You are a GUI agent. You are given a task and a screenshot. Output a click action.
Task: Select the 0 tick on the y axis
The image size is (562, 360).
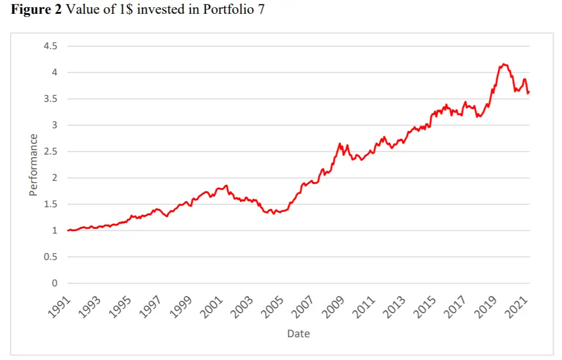[x=54, y=283]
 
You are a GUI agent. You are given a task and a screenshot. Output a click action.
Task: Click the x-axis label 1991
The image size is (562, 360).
[x=59, y=305]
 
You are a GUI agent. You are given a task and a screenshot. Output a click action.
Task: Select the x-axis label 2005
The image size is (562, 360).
[x=274, y=305]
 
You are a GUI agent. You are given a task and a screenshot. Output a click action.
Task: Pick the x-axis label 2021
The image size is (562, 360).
[x=520, y=305]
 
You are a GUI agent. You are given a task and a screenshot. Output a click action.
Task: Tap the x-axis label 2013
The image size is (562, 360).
[x=397, y=305]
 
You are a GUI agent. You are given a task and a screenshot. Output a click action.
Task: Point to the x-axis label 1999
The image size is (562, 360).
[x=182, y=305]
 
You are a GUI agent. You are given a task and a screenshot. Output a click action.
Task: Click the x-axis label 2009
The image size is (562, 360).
[x=335, y=305]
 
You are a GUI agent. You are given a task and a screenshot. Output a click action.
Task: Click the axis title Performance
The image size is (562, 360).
[x=34, y=165]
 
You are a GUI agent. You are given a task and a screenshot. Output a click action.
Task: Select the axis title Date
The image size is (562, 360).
[x=298, y=333]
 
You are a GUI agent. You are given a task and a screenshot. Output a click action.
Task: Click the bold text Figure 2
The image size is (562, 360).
[x=35, y=10]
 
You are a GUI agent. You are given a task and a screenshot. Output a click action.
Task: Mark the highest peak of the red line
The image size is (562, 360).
[x=503, y=63]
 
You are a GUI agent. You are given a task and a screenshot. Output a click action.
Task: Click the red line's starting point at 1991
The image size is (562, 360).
[x=68, y=231]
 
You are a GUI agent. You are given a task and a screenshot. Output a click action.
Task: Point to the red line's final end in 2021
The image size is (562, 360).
[x=529, y=92]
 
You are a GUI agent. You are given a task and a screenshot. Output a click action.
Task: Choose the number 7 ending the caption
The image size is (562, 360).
[x=260, y=10]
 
